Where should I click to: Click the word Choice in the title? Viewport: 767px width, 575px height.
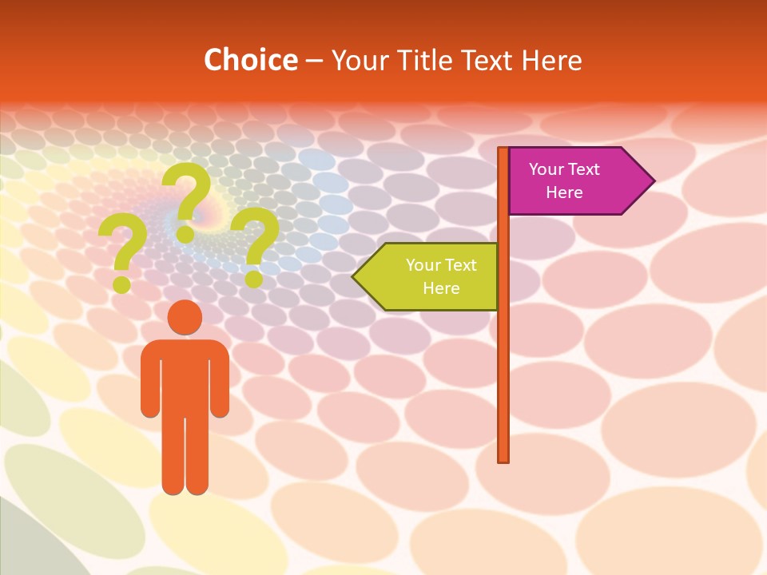[x=250, y=60]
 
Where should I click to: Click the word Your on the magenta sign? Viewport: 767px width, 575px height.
[x=546, y=169]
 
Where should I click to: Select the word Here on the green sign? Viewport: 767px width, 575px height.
[x=441, y=288]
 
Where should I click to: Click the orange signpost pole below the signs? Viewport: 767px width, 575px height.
[x=503, y=375]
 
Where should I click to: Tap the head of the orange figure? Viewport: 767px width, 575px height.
[x=185, y=317]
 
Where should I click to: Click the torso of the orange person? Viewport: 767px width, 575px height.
[x=185, y=375]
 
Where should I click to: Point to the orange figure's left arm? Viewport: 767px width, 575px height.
[x=150, y=383]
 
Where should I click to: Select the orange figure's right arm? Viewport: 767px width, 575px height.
[x=220, y=383]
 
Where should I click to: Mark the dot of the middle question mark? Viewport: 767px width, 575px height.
[x=185, y=234]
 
